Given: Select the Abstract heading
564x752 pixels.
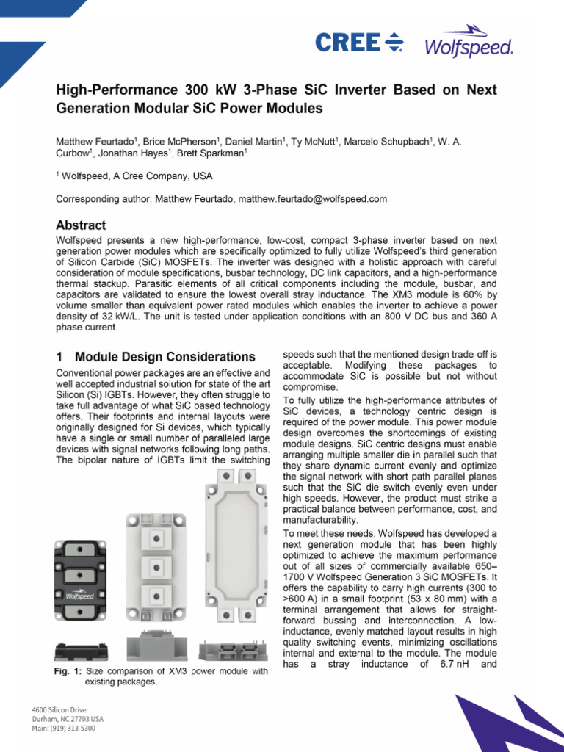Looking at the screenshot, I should click(81, 225).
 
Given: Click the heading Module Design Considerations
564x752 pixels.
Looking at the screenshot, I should click(165, 357).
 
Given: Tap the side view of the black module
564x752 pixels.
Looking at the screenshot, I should click(81, 650).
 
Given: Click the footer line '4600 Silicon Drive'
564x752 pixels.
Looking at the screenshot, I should click(59, 709).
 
